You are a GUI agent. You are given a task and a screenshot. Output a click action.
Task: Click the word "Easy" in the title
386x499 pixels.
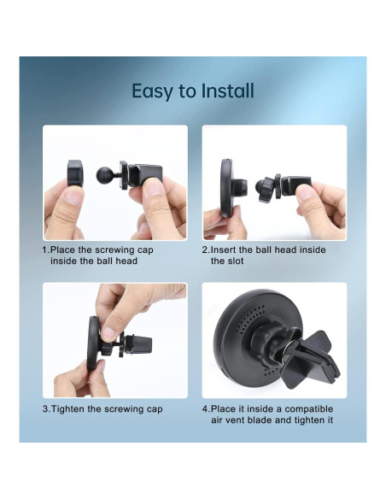(152, 91)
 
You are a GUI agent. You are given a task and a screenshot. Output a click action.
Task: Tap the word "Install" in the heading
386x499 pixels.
(226, 91)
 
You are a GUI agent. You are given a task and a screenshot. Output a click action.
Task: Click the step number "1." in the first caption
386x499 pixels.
(46, 250)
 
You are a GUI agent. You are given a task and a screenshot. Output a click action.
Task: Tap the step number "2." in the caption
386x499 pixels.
(205, 250)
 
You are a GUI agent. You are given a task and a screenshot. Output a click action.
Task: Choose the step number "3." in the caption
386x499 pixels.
(46, 409)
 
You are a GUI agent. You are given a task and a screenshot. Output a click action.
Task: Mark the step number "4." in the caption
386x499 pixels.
(205, 409)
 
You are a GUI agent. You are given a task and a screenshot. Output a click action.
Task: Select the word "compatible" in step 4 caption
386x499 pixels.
(303, 409)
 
